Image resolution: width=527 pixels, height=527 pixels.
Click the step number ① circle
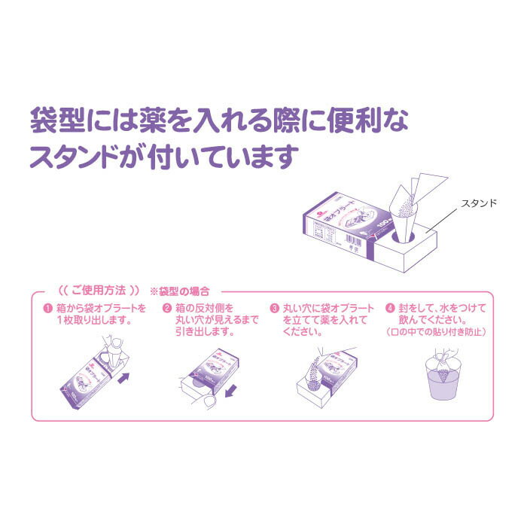click(x=47, y=309)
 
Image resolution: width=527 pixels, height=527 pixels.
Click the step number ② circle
click(x=167, y=309)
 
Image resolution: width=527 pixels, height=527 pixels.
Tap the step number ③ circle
click(x=276, y=309)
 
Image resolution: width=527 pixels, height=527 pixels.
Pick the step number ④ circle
click(x=389, y=309)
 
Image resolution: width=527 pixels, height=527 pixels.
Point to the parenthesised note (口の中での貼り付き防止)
click(x=436, y=331)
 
